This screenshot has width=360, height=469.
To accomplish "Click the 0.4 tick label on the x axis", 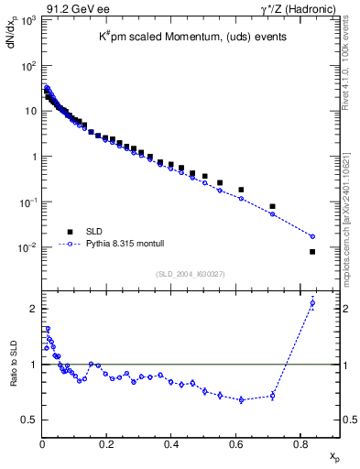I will tap(171, 444).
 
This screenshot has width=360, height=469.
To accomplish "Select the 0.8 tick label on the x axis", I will tap(300, 444).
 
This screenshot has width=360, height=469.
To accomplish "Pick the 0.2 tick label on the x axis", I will tap(106, 444).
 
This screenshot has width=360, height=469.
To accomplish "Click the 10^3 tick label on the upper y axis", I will tap(28, 20).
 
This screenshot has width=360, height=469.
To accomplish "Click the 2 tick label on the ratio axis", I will tap(32, 308).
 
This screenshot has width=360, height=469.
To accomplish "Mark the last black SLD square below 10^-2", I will tap(312, 252).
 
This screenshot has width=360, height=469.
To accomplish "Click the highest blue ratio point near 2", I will tap(312, 303).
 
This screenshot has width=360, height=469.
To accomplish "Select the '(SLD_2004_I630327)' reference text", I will tap(189, 273).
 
